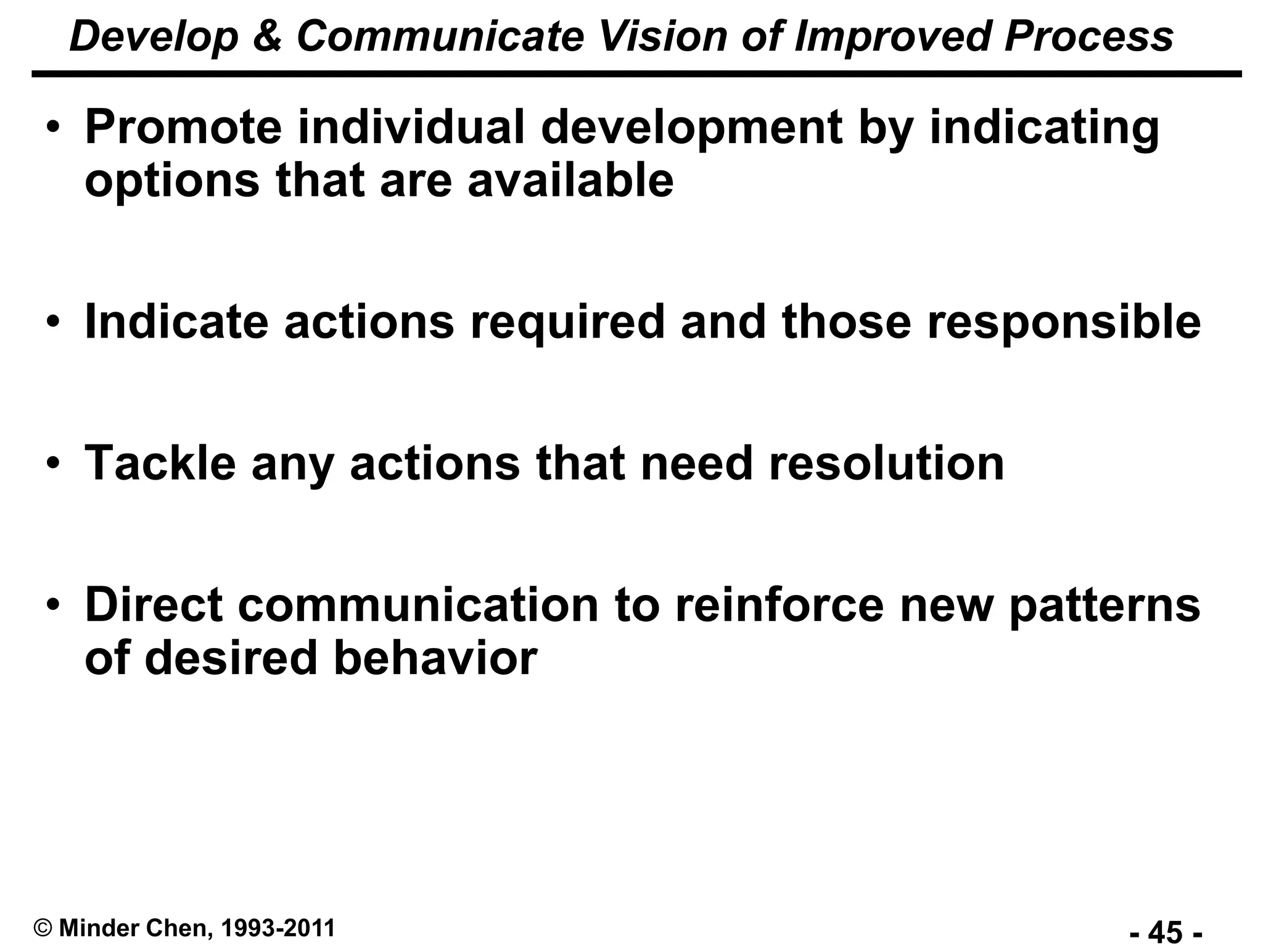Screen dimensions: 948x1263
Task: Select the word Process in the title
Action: (1089, 37)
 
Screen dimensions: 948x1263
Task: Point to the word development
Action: (691, 128)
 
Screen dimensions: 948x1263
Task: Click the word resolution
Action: (886, 464)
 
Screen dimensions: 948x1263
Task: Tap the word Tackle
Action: (160, 464)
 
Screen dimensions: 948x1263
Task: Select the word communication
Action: (418, 605)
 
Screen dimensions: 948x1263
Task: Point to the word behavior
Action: (435, 659)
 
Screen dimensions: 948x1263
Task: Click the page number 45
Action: (1166, 931)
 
